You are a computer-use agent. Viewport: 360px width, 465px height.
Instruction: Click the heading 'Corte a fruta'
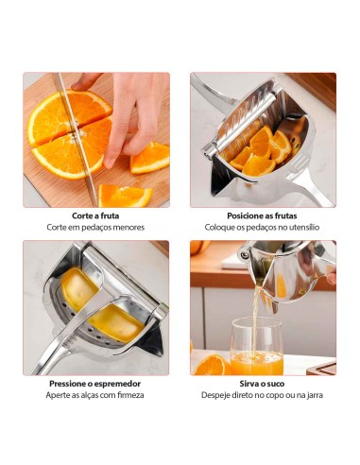(x=96, y=215)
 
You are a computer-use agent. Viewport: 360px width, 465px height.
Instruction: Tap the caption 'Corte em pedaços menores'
(x=96, y=228)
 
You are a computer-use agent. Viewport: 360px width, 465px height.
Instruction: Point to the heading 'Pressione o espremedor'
(x=96, y=384)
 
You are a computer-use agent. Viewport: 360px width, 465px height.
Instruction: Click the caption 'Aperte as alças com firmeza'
(x=96, y=396)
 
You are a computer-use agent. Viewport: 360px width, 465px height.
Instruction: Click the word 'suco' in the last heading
(x=276, y=384)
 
